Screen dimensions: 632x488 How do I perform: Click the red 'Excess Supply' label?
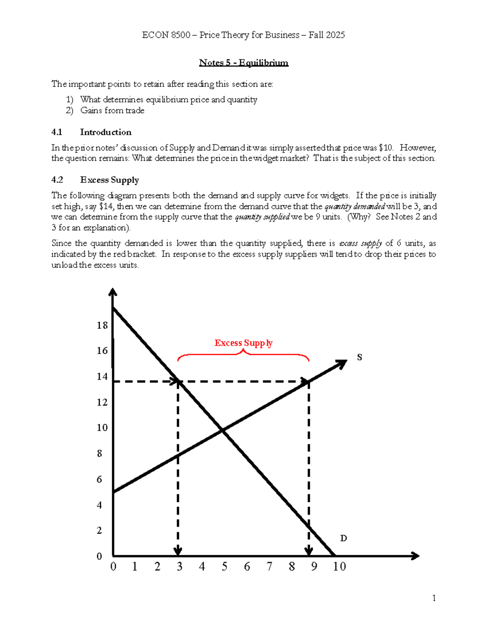[x=243, y=343]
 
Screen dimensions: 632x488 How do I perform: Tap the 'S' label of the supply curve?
[x=359, y=357]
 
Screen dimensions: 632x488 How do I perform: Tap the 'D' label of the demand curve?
[x=343, y=538]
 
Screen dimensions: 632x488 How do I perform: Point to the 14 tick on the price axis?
[x=102, y=377]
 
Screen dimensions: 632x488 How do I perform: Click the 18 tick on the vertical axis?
[x=102, y=326]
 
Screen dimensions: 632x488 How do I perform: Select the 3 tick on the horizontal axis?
[x=179, y=566]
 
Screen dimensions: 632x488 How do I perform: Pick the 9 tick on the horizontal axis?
[x=314, y=566]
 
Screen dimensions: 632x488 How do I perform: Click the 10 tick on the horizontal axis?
[x=339, y=566]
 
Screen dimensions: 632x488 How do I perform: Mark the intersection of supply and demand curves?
[x=222, y=430]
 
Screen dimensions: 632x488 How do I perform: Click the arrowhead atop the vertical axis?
[x=113, y=292]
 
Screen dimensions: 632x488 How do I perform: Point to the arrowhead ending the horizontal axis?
[x=415, y=556]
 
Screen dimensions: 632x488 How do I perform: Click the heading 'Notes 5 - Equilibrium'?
[x=244, y=63]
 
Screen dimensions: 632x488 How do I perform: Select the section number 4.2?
[x=57, y=180]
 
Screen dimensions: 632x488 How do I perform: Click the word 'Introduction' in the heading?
[x=106, y=132]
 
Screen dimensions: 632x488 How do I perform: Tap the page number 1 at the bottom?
[x=434, y=598]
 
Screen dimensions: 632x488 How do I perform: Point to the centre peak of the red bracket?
[x=243, y=350]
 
